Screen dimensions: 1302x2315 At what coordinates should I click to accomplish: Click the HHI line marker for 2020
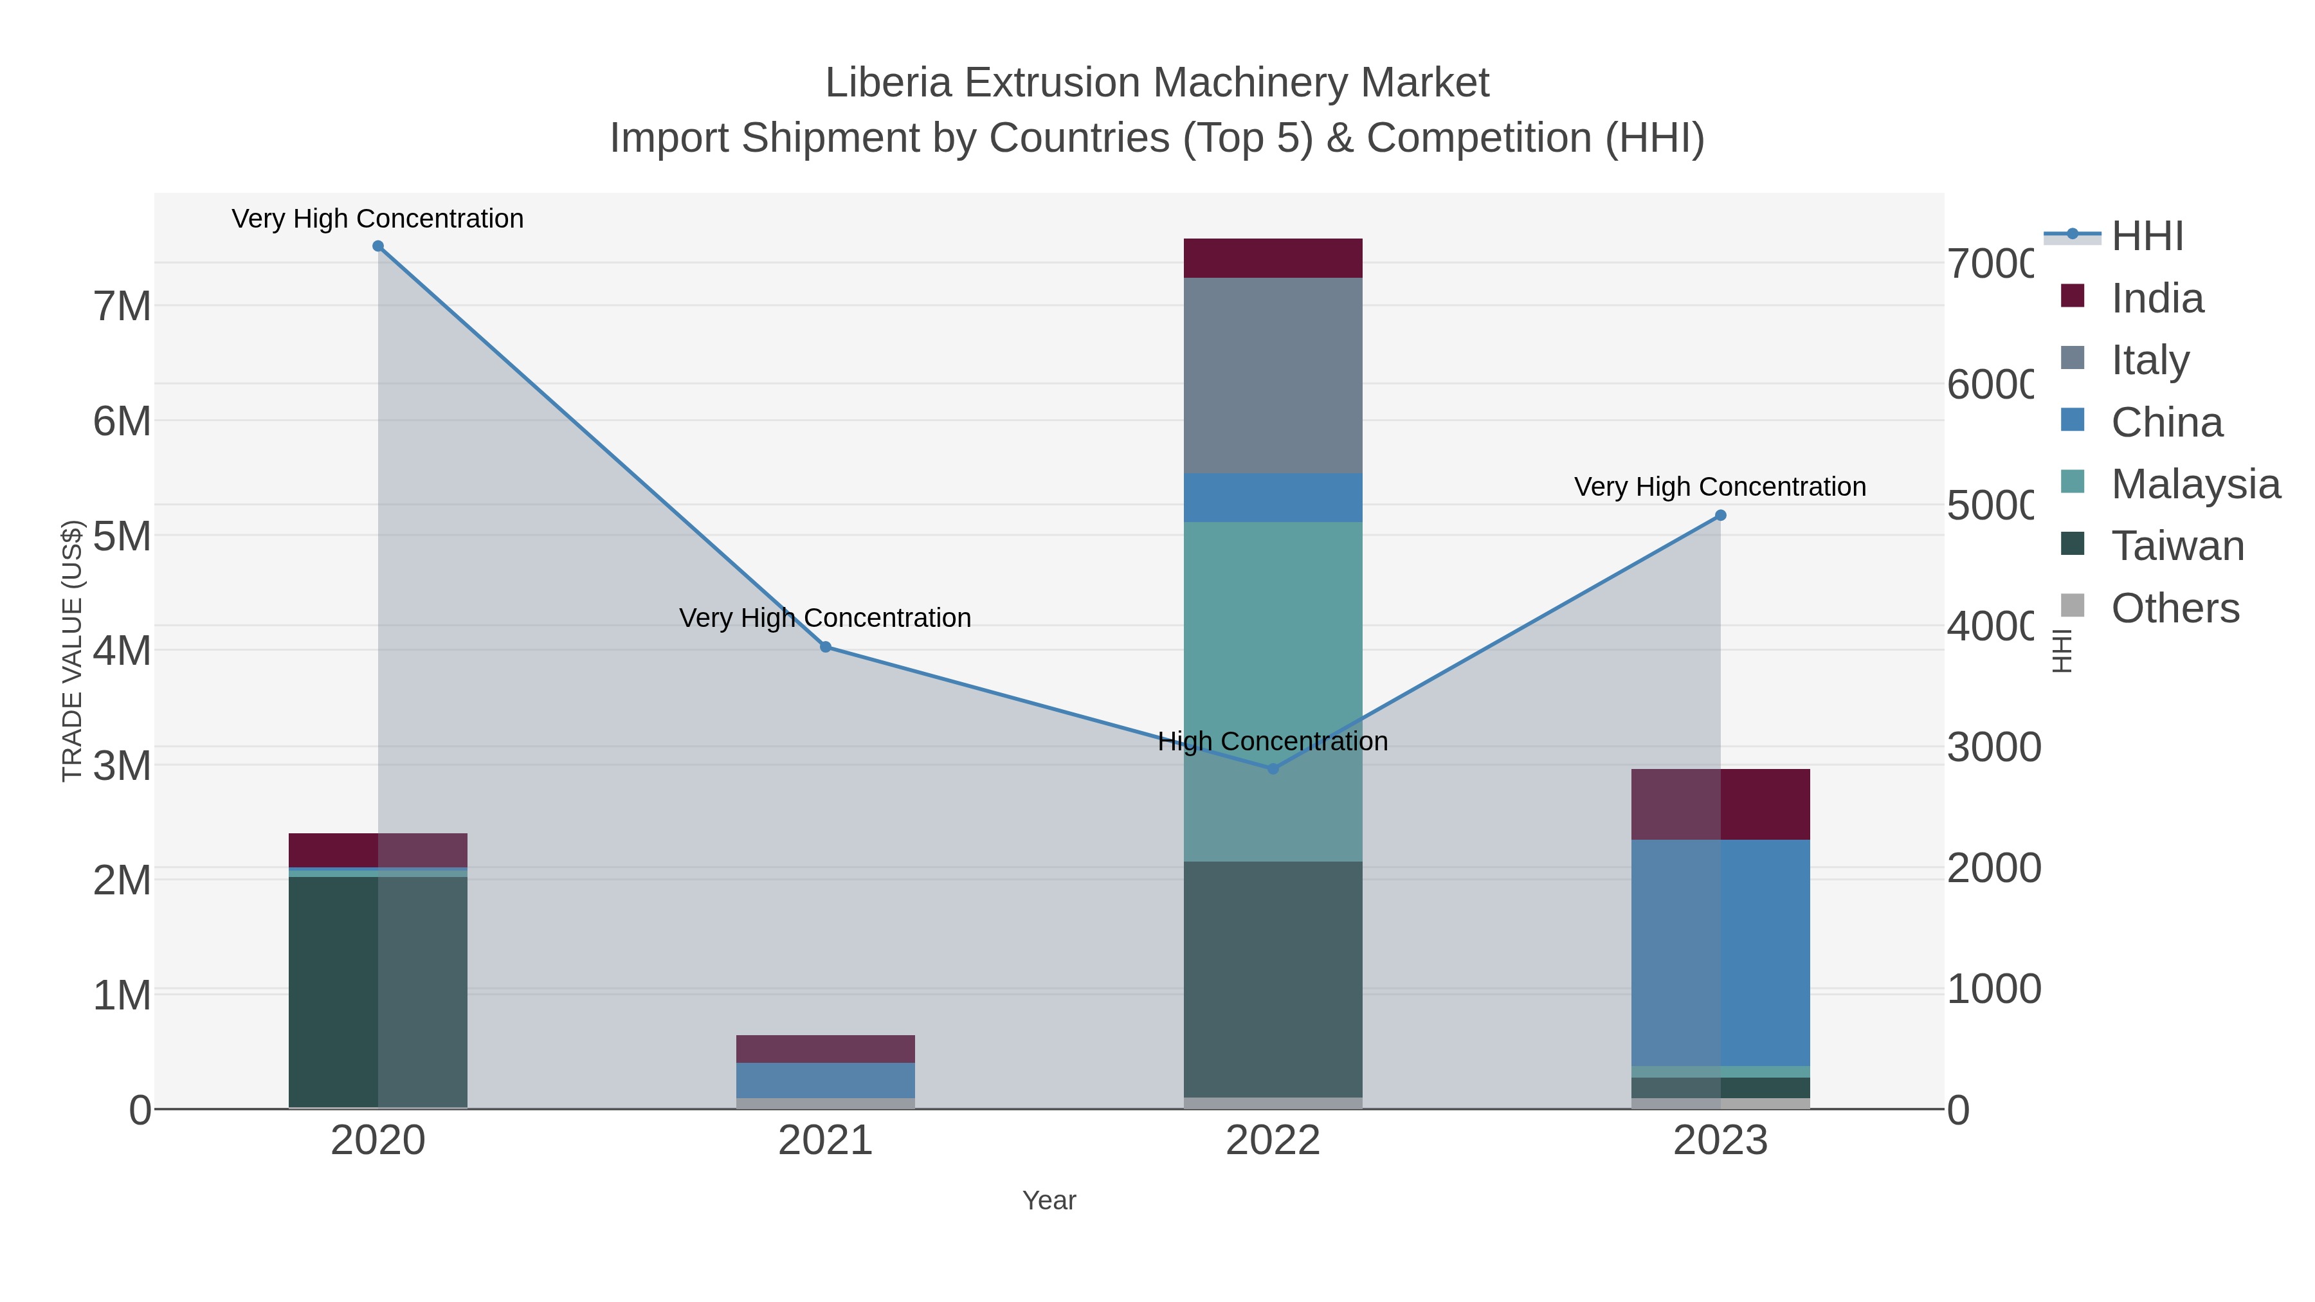[377, 246]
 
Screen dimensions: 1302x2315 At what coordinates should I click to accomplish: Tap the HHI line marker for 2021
[825, 647]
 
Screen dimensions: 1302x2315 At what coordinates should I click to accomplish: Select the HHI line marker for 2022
[1273, 769]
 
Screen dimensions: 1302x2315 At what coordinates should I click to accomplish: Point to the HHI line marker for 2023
[1720, 516]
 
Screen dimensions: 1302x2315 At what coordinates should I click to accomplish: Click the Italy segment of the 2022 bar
[1273, 375]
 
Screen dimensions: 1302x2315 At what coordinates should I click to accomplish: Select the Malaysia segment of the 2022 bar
[1273, 692]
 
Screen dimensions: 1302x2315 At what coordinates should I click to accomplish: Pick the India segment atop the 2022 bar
[1273, 258]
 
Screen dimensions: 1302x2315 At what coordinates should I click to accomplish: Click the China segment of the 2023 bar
[1720, 952]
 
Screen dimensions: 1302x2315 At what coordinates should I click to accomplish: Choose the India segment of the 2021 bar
[825, 1049]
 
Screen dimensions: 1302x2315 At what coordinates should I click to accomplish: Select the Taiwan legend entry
[2177, 547]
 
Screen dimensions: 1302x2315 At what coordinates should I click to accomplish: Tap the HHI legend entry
[2147, 237]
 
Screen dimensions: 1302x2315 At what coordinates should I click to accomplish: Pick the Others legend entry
[2175, 608]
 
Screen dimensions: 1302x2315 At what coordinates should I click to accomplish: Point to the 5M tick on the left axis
[122, 536]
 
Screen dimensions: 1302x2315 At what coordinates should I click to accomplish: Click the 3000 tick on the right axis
[1993, 748]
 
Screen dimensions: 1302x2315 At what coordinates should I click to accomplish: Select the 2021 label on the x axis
[825, 1141]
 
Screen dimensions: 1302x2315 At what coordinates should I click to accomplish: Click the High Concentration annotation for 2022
[1273, 741]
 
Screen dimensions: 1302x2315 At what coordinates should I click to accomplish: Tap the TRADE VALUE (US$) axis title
[72, 651]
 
